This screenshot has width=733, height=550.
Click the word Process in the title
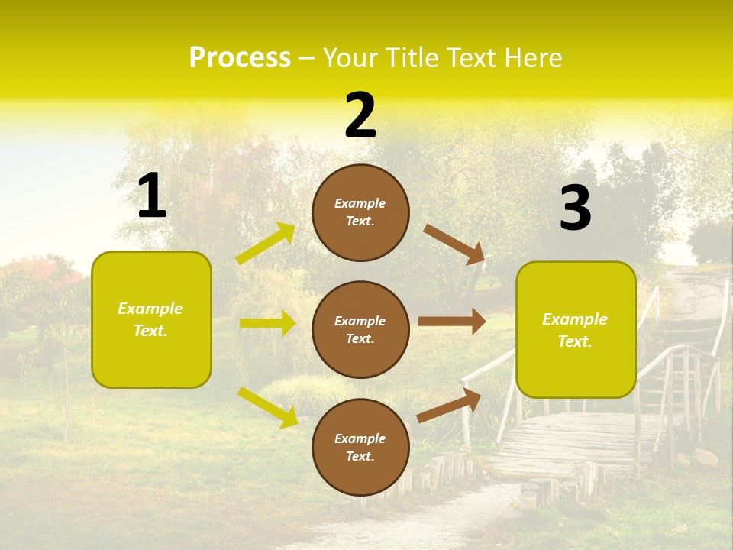pos(240,58)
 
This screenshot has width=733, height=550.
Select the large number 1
pos(152,196)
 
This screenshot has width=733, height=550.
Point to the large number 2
pos(360,115)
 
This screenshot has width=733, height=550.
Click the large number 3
pos(575,209)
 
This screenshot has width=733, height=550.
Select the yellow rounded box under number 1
pos(151,319)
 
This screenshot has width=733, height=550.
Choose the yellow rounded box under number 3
pos(576,330)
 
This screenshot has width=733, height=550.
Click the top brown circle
pos(360,212)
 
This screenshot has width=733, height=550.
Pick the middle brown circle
pos(360,329)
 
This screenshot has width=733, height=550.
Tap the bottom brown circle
pos(360,447)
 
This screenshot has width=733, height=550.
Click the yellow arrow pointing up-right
pos(266,244)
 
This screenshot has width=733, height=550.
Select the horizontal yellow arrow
pos(267,323)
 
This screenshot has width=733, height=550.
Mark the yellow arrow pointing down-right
pos(267,406)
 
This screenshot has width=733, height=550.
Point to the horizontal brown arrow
pos(452,321)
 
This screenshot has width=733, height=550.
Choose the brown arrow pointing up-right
pos(449,406)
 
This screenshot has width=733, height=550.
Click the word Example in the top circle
pos(360,204)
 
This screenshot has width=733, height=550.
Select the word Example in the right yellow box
pos(575,319)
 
